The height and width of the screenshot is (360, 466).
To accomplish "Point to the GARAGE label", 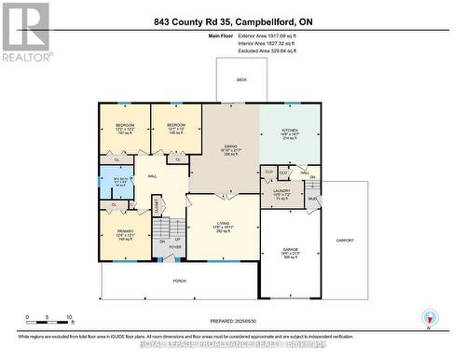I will pos(291,250).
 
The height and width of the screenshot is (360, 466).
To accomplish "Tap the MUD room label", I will pos(313,198).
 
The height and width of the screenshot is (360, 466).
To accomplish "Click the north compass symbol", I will pos(428,317).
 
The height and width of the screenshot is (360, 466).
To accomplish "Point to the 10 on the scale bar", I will pos(70,317).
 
